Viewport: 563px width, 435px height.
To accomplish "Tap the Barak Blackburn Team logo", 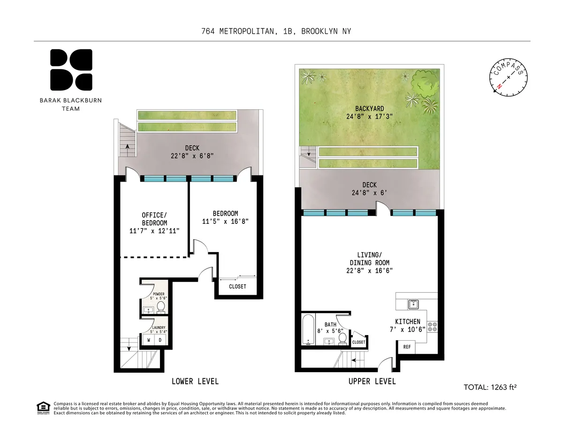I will click(x=71, y=70).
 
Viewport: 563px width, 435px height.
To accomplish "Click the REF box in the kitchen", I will click(x=407, y=347).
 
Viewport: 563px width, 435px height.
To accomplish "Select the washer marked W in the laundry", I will click(x=149, y=340).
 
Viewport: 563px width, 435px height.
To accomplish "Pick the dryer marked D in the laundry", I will click(x=160, y=340).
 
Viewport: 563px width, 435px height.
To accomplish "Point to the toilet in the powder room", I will click(x=160, y=307).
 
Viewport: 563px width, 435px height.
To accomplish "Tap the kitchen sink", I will click(x=413, y=305).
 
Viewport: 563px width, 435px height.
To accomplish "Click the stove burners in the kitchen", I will click(x=432, y=326).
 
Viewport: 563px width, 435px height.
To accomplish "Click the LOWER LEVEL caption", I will click(x=195, y=381).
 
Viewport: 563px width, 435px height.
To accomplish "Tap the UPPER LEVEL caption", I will click(x=372, y=381).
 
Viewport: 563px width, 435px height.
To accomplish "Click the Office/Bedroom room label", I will click(x=154, y=223).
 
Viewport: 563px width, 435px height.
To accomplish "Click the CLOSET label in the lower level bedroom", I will click(x=237, y=286).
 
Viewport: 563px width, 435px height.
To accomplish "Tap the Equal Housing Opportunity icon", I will click(x=43, y=408).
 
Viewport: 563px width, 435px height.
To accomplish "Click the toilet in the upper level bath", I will click(x=342, y=338).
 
